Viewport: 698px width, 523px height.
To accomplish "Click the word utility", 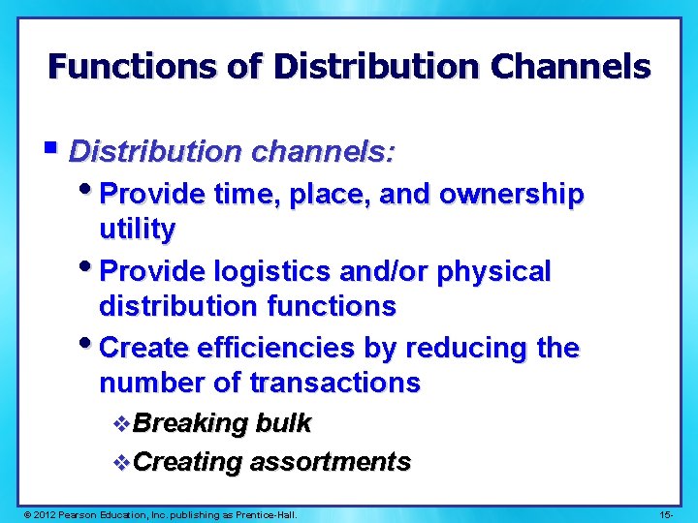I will click(137, 230).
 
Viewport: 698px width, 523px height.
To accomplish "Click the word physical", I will click(494, 271).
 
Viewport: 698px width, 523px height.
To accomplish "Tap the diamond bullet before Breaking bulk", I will click(121, 423).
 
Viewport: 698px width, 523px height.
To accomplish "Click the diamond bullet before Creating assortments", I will click(121, 462).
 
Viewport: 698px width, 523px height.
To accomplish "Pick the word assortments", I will click(330, 462).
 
